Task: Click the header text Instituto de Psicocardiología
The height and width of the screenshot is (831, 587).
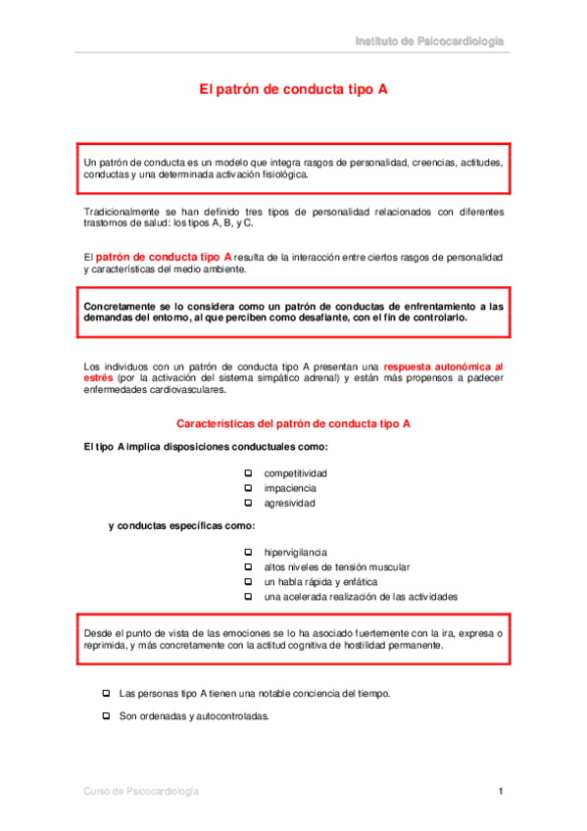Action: point(429,41)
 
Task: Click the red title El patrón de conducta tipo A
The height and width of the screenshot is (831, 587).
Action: point(293,88)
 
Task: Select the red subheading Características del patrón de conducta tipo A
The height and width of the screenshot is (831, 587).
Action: point(293,423)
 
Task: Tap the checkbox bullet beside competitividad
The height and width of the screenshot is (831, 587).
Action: point(248,472)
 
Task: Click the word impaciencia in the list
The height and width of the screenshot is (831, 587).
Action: point(290,488)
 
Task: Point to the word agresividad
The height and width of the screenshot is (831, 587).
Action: point(289,504)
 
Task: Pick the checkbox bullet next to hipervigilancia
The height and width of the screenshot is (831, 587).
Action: point(248,552)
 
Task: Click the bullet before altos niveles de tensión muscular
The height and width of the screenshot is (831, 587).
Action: point(248,566)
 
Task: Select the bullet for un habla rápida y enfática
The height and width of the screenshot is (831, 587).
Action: point(248,582)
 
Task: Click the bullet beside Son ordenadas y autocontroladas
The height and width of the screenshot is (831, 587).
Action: point(106,715)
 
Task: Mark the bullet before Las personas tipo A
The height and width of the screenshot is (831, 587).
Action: point(106,693)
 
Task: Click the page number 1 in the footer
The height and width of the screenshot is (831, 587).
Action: point(500,791)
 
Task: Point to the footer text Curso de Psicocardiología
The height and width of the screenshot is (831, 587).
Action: point(141,791)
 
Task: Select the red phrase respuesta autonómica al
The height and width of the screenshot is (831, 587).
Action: point(443,366)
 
